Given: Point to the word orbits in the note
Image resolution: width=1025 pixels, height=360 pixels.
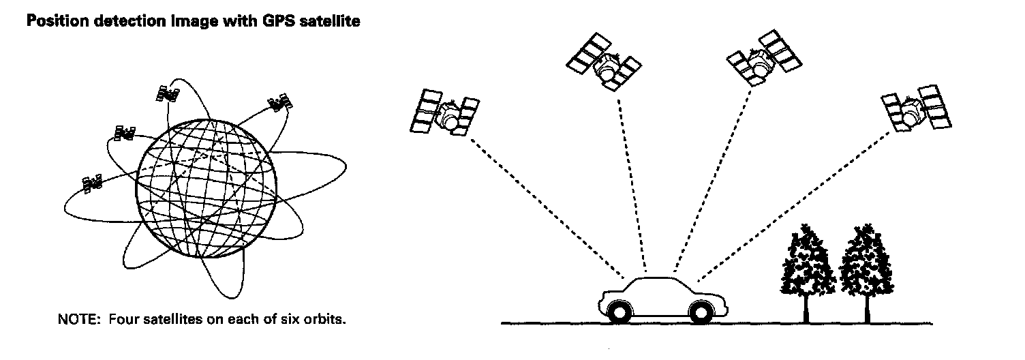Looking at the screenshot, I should tap(326, 318).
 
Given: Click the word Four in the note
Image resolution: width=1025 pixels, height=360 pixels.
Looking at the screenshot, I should tap(122, 318).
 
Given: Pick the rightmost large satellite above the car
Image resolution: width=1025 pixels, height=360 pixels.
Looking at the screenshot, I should tap(916, 108).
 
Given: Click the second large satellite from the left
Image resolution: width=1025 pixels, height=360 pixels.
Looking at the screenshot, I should tap(603, 63).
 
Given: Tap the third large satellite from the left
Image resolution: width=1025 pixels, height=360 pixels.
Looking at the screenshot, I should tap(764, 59).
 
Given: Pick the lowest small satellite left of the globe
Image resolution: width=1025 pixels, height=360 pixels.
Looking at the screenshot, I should tap(93, 183).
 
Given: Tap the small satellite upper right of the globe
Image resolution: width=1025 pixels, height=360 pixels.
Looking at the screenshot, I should tap(279, 104).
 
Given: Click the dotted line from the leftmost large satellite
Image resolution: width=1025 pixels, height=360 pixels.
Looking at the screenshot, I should tap(545, 205).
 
